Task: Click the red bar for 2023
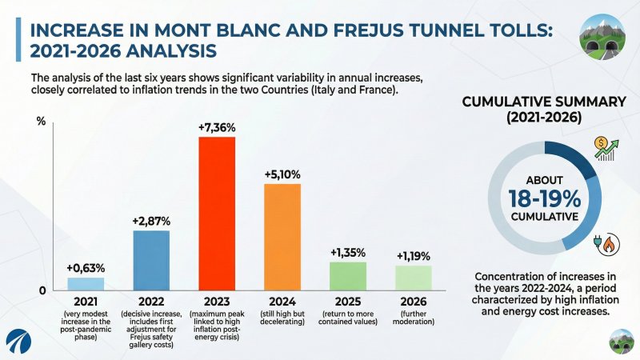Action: point(216,213)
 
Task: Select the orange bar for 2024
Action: point(282,237)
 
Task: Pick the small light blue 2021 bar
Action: point(86,283)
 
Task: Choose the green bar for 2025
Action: point(347,275)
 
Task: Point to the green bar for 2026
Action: point(414,277)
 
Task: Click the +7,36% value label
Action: point(217,128)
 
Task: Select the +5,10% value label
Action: point(282,174)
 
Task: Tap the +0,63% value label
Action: point(86,267)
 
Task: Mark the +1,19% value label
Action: point(414,256)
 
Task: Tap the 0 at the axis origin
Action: point(42,290)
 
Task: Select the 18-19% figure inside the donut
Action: point(544,198)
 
